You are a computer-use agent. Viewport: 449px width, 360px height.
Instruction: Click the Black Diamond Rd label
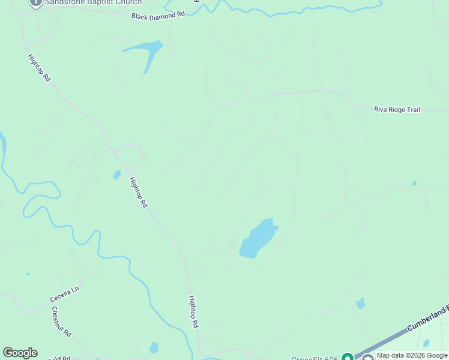pos(158,14)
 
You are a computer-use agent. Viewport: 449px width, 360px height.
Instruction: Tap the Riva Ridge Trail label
pos(397,109)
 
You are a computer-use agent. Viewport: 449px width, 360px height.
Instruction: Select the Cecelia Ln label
pos(65,294)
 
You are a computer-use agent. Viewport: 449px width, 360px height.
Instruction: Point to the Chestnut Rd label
pos(62,322)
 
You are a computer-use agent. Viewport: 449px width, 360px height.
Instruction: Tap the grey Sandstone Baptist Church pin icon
pos(35,2)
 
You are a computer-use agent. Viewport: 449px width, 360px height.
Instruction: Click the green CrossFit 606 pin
pos(347,357)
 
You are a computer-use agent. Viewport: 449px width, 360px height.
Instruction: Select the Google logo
pos(20,353)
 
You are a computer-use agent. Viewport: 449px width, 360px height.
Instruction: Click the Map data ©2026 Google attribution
pos(412,355)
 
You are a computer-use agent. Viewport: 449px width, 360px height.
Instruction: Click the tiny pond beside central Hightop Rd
pos(116,175)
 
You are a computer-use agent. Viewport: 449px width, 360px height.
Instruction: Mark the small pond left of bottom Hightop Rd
pos(154,347)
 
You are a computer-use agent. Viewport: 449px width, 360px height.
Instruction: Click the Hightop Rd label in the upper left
pos(39,68)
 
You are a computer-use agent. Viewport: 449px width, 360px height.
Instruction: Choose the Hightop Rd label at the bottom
pos(193,311)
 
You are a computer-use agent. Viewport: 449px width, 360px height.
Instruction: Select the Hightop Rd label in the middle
pos(139,191)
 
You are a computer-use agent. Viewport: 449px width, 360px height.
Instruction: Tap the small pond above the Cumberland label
pos(360,304)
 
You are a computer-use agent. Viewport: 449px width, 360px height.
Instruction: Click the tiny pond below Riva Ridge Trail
pos(414,183)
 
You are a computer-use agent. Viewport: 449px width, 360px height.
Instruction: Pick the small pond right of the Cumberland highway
pos(426,343)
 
